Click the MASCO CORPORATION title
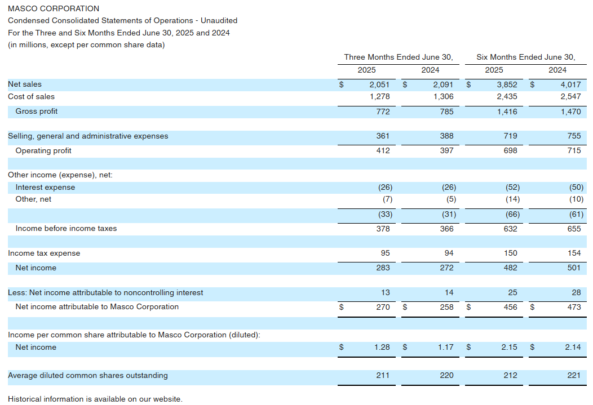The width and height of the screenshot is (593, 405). [54, 8]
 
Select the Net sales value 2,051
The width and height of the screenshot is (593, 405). [379, 84]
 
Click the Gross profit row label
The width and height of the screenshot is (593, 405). [37, 112]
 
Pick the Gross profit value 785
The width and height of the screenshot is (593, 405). [446, 112]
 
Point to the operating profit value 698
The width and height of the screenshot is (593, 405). [510, 151]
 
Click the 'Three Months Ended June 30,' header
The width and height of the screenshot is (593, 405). [399, 57]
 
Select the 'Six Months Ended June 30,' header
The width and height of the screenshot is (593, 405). [526, 57]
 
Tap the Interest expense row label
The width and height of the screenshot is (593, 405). [45, 188]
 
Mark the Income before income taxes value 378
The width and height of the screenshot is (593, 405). [383, 229]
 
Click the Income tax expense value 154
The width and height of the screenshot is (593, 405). [574, 253]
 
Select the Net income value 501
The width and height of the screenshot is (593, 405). [574, 268]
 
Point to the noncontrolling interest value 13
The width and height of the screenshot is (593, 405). [385, 293]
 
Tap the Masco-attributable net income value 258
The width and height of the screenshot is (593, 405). [446, 307]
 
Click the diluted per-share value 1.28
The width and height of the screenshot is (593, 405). [382, 348]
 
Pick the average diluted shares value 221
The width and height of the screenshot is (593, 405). [574, 376]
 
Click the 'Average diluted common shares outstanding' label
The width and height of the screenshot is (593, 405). [88, 376]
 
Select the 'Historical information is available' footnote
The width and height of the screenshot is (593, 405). [95, 399]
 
